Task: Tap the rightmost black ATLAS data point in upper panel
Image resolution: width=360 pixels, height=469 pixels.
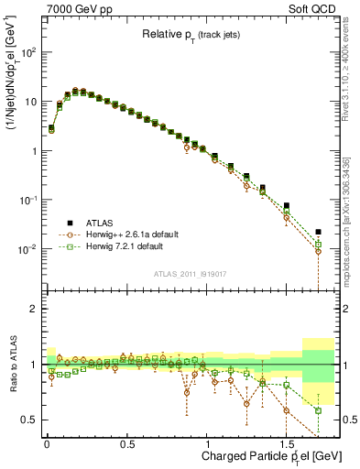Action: [x=318, y=232]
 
